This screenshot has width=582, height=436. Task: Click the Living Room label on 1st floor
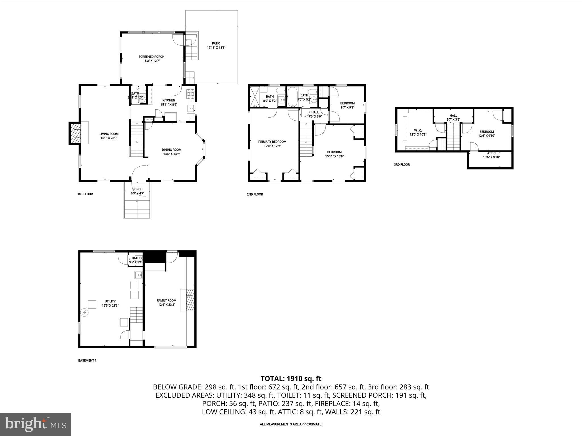[x=109, y=134]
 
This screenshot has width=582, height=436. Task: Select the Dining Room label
[x=171, y=150]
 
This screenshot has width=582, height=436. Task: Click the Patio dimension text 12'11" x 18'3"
[x=216, y=48]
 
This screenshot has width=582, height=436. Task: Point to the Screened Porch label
[x=151, y=57]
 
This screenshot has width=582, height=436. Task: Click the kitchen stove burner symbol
[x=190, y=94]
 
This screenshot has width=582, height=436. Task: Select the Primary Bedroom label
[x=272, y=142]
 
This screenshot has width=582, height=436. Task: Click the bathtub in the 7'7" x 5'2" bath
[x=292, y=97]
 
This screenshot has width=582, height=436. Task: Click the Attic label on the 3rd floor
[x=491, y=153]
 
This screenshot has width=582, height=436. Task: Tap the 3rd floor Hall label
[x=453, y=116]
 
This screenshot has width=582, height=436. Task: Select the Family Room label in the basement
[x=167, y=300]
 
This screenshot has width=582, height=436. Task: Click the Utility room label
[x=110, y=301]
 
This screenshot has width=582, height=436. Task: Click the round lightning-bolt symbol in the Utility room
[x=85, y=313]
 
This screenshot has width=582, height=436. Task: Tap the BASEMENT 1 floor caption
[x=87, y=360]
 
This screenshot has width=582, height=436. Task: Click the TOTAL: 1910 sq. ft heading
[x=291, y=378]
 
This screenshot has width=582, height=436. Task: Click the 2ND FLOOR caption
[x=255, y=194]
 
